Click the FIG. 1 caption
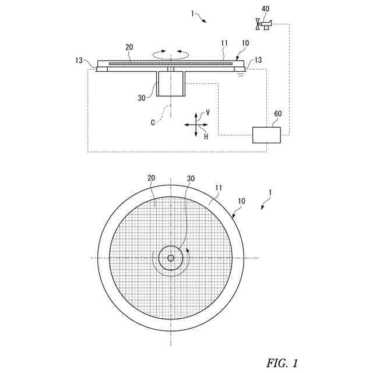(x=281, y=363)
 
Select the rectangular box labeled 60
(x=266, y=135)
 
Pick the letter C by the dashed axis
(x=153, y=122)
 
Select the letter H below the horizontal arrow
(x=206, y=136)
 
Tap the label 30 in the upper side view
(x=142, y=98)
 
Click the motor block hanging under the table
(x=171, y=83)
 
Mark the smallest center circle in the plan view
(x=171, y=258)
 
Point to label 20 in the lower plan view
(x=151, y=178)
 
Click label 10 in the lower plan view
(x=241, y=200)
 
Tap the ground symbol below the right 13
(x=240, y=73)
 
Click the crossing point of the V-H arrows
(x=196, y=124)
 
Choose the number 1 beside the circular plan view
(x=269, y=192)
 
